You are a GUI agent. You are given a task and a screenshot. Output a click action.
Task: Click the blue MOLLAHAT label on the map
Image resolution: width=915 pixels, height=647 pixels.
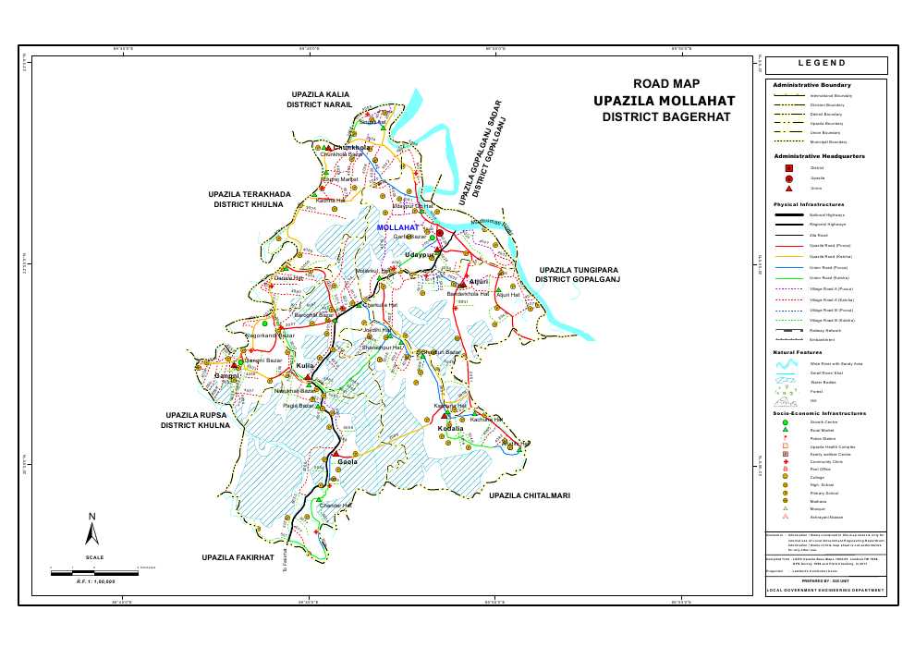pos(398,226)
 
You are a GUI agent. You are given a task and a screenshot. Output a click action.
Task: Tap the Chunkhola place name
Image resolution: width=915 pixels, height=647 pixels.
pos(352,147)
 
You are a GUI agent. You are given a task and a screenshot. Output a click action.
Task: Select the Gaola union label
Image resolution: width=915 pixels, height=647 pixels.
pos(348,460)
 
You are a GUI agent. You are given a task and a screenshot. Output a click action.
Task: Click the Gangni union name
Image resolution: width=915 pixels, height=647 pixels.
pos(227,376)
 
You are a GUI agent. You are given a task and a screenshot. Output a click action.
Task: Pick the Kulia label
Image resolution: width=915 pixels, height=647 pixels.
pos(305,366)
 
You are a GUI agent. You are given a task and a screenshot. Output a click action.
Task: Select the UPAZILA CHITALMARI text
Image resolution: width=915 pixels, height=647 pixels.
pos(530,496)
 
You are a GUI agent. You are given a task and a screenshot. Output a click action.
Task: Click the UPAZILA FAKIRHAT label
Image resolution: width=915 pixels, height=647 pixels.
pos(238,558)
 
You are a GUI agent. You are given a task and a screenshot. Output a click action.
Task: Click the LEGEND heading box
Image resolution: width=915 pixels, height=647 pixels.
pos(827,64)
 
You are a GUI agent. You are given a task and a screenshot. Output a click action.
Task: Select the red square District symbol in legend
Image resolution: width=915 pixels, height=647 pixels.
pos(788,167)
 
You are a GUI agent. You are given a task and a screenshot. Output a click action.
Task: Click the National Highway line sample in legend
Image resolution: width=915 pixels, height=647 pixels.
pos(788,214)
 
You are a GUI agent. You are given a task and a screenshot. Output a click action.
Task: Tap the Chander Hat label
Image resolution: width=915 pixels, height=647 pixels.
pos(335,506)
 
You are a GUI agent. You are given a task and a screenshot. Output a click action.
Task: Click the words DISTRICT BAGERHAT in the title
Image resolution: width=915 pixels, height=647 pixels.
pos(665,117)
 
